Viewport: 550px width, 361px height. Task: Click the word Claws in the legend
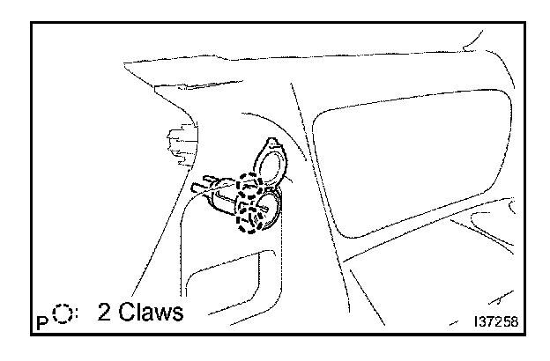(153, 313)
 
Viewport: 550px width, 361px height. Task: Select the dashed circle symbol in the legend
(61, 313)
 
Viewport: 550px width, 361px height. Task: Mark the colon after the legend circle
(77, 314)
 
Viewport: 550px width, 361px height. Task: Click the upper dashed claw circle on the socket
(252, 187)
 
